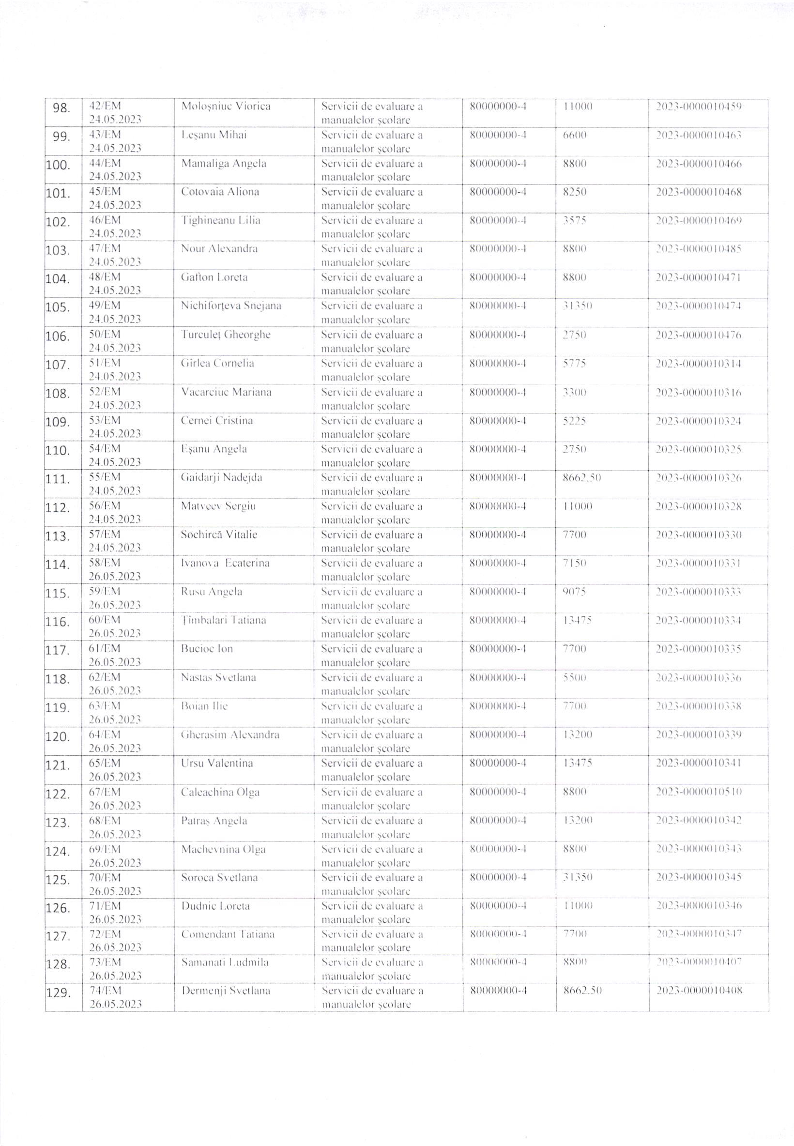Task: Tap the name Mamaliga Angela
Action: tap(223, 163)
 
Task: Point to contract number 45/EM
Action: tap(105, 192)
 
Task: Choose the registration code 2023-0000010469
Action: tap(699, 220)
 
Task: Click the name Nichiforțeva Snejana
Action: tap(231, 306)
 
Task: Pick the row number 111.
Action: tap(58, 479)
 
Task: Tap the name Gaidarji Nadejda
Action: tap(221, 477)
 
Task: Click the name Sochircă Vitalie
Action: tap(219, 535)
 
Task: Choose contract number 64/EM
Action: tap(105, 734)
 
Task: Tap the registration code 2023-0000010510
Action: tap(699, 792)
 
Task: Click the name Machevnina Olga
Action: tap(223, 849)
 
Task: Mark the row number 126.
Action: tap(58, 908)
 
